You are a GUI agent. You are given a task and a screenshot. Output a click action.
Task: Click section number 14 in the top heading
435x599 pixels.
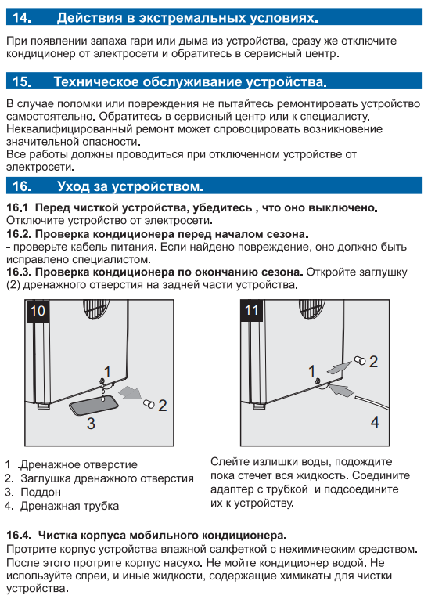(x=22, y=17)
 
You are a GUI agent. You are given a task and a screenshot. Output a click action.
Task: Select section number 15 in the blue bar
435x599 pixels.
(x=22, y=81)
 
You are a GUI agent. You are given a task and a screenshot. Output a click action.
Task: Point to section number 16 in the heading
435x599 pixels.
(x=22, y=186)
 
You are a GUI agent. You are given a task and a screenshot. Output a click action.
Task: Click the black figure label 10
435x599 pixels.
(x=38, y=311)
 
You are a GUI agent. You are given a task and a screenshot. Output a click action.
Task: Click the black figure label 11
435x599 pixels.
(x=252, y=310)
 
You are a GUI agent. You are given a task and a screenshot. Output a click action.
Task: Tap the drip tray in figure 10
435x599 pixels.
(x=94, y=406)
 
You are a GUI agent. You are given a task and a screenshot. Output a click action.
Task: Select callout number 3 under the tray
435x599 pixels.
(x=91, y=424)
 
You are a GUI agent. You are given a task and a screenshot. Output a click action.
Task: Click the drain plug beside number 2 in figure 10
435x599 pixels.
(x=149, y=403)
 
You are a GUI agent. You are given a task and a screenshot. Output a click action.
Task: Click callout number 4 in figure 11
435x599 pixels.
(x=375, y=422)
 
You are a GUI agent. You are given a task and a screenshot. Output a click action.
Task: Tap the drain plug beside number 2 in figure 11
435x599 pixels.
(x=359, y=360)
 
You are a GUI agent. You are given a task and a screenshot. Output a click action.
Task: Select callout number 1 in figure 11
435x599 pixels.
(x=311, y=371)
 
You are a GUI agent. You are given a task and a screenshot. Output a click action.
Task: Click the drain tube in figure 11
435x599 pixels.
(x=372, y=402)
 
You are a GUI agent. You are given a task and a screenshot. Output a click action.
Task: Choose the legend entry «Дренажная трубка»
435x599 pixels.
(x=70, y=506)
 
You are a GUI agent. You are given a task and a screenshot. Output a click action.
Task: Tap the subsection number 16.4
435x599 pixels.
(x=19, y=536)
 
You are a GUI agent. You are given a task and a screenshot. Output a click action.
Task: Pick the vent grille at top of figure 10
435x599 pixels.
(x=96, y=309)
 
